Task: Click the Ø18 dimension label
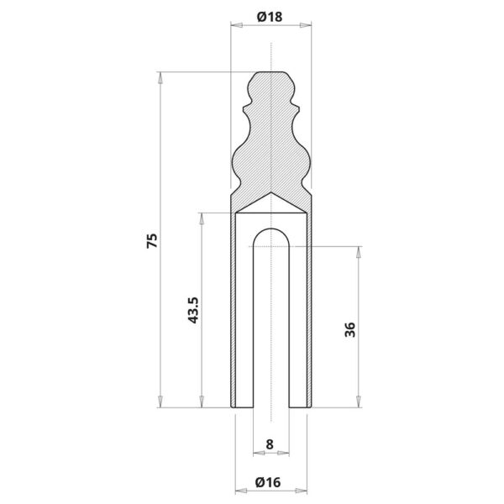[270, 17]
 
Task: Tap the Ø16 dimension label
[268, 482]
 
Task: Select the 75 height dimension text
[152, 240]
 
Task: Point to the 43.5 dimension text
[193, 310]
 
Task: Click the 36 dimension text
[350, 329]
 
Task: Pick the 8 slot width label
[270, 444]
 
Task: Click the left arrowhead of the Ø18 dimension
[237, 25]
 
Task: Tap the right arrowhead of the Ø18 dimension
[306, 25]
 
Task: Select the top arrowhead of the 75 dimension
[160, 78]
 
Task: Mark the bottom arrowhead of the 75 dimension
[160, 402]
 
